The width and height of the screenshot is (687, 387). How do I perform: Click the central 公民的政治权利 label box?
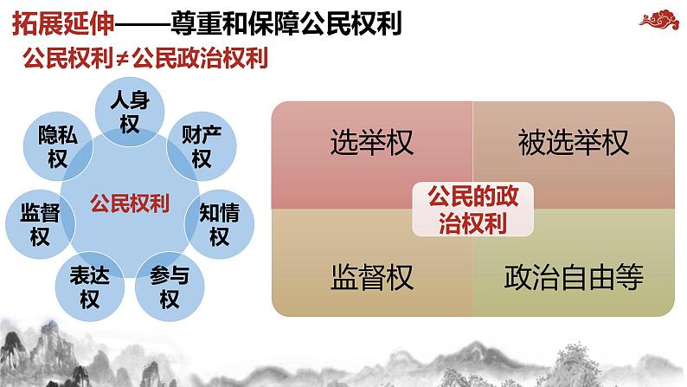(x=472, y=209)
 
